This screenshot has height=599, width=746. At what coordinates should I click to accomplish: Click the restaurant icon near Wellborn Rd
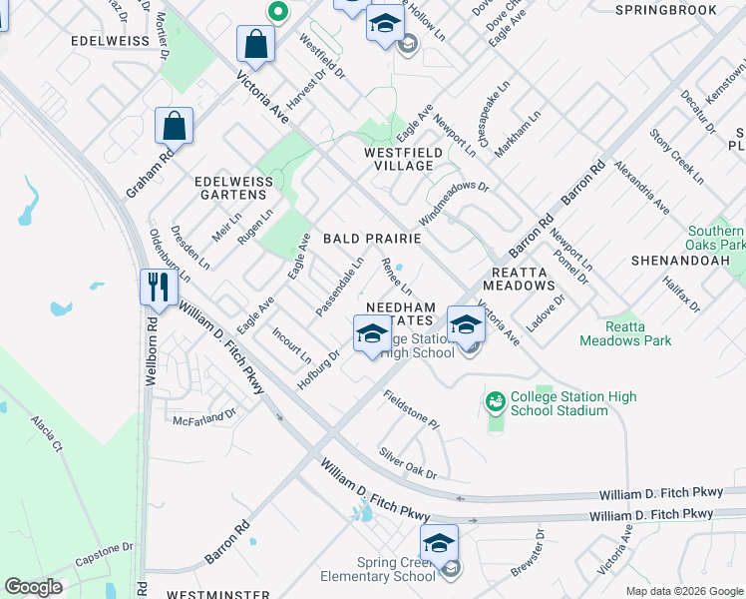point(159,288)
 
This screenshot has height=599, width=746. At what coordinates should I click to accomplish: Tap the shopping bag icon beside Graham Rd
point(175,127)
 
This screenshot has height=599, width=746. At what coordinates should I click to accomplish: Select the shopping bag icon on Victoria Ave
point(256,44)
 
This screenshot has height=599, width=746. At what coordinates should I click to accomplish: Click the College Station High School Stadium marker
point(495,402)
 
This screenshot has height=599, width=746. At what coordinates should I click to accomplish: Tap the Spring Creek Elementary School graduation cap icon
point(439,543)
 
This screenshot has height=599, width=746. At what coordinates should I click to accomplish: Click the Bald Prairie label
point(372,240)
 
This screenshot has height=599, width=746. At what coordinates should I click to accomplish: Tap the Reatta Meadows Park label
point(638,333)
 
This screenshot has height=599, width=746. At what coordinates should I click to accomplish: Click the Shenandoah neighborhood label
point(680,260)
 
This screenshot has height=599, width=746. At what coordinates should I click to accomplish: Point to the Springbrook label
point(666,10)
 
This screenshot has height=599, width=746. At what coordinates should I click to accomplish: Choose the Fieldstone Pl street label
point(412,409)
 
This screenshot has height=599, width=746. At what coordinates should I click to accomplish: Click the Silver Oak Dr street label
point(408,462)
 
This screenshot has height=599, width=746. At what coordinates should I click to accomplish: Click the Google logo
point(34,587)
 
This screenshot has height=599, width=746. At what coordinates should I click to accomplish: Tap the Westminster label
point(210,591)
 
